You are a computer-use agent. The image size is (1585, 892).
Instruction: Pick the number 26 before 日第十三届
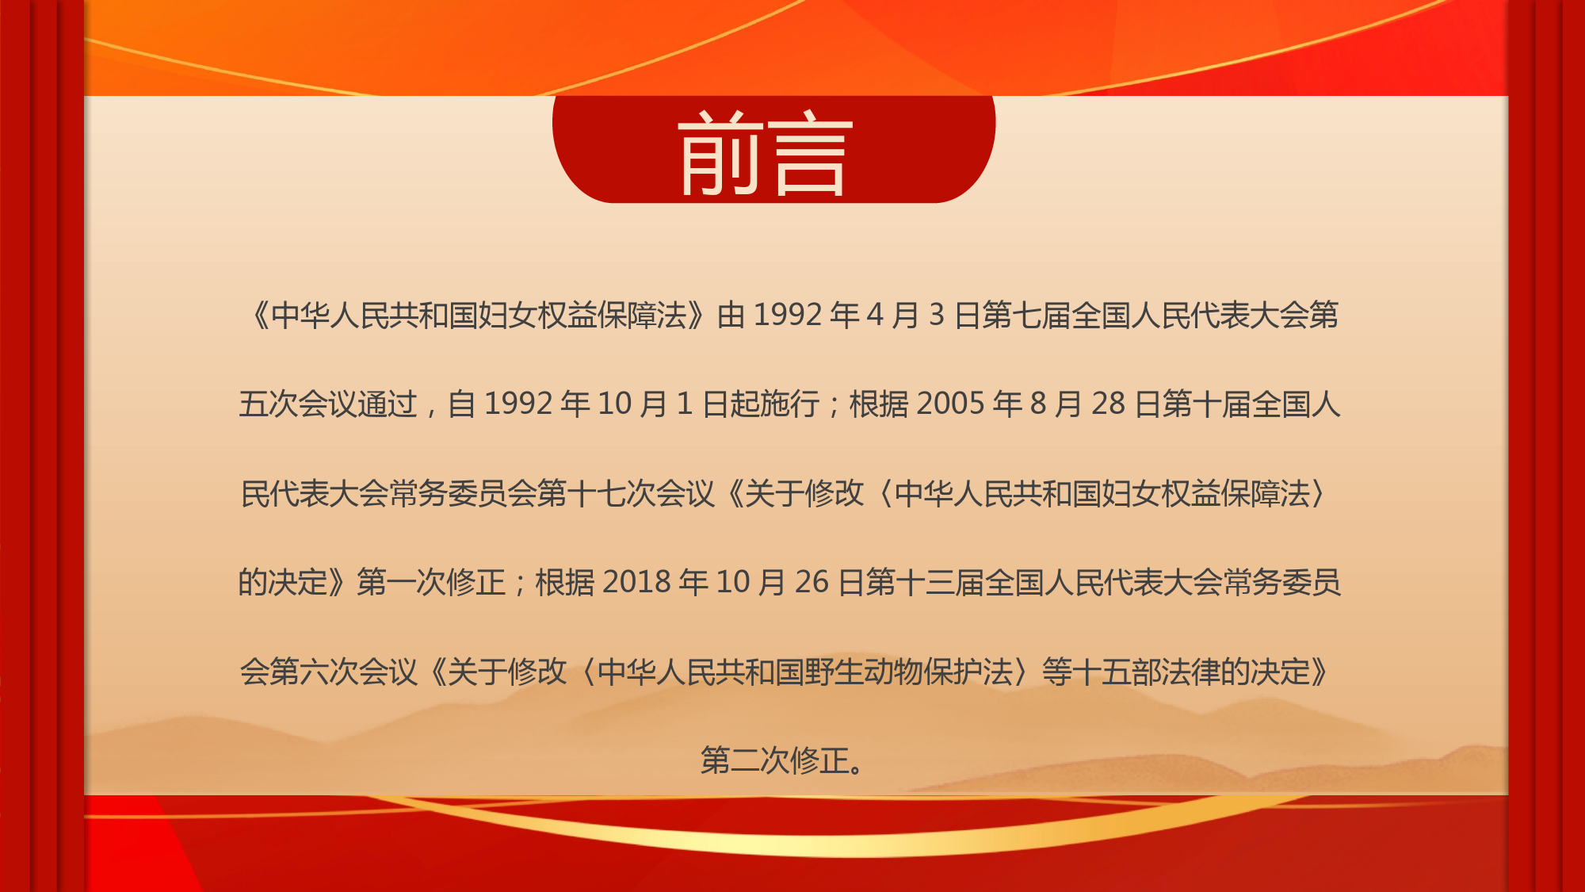[812, 583]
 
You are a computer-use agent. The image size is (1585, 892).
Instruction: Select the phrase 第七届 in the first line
[1026, 316]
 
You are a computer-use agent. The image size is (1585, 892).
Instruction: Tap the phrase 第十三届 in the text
[925, 583]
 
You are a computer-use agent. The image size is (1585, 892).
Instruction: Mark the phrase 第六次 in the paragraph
[314, 672]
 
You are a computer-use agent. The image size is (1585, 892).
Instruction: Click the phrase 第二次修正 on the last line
[775, 761]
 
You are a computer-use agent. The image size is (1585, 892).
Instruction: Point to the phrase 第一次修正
[431, 583]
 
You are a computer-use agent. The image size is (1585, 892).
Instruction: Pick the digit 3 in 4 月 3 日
[937, 316]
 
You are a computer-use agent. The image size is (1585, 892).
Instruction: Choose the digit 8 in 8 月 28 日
[1037, 404]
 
